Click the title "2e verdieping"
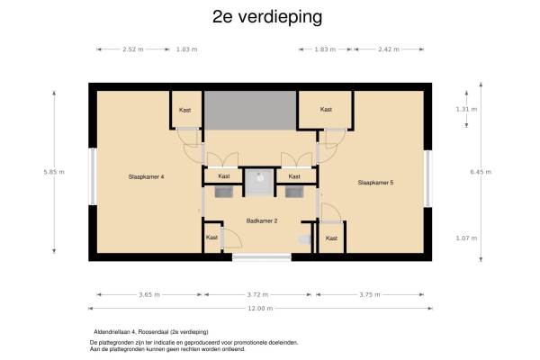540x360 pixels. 267,17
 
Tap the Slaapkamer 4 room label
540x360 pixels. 146,176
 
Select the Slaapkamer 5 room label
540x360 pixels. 375,183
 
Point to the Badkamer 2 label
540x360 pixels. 262,220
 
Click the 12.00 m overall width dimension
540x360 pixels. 260,309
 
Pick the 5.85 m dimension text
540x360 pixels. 54,172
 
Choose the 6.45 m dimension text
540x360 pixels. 481,172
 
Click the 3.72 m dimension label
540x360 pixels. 257,294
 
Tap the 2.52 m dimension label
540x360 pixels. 133,49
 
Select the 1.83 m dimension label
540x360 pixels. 325,49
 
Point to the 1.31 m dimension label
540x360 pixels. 466,109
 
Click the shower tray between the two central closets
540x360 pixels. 259,182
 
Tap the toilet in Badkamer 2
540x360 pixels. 304,239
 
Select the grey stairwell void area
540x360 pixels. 250,110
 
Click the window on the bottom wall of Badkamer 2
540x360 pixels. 262,256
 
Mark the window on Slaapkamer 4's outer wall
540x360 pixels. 93,176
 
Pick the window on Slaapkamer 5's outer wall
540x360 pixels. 427,179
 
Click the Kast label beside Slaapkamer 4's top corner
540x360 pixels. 184,110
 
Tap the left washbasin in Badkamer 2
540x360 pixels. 223,193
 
